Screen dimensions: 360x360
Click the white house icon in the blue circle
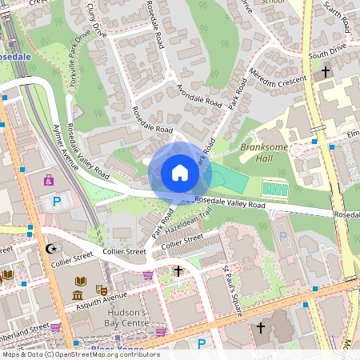pyautogui.click(x=180, y=173)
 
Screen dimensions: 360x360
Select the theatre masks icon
pyautogui.click(x=102, y=290)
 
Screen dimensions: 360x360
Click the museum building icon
pyautogui.click(x=78, y=296)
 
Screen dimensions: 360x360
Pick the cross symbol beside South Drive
pyautogui.click(x=325, y=72)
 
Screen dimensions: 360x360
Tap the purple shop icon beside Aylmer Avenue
pyautogui.click(x=49, y=179)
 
